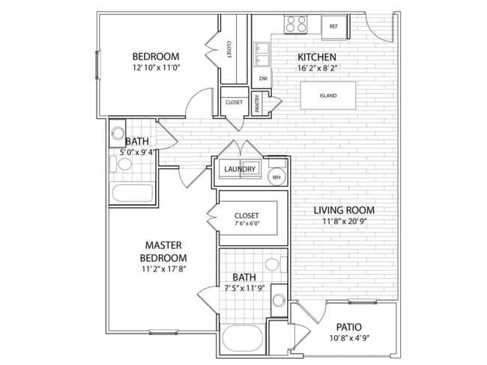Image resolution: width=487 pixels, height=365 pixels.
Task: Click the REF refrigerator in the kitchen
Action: click(x=334, y=27)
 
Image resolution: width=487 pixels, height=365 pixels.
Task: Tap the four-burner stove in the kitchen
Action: click(x=296, y=24)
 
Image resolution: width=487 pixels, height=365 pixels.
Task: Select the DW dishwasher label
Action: click(x=263, y=79)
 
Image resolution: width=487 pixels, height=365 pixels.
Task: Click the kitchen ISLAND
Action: click(x=328, y=96)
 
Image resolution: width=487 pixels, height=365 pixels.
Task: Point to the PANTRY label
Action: click(x=257, y=103)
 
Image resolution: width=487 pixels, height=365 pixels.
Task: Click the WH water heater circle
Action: click(x=276, y=177)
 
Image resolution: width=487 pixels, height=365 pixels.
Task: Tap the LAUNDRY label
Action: click(x=240, y=169)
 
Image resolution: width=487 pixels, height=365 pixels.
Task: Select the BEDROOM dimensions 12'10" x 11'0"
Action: click(x=157, y=67)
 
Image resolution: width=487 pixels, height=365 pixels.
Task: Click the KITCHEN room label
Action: click(x=317, y=57)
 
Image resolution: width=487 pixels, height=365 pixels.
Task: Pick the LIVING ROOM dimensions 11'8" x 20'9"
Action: click(x=345, y=221)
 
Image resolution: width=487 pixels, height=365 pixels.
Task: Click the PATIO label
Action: click(x=349, y=327)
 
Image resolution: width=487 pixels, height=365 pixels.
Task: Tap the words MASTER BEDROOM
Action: click(x=163, y=251)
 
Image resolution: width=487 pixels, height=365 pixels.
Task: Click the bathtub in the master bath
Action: click(x=243, y=338)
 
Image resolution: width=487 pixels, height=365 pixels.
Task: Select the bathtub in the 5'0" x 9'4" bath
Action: click(x=133, y=193)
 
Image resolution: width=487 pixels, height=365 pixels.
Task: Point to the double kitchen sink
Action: click(x=261, y=55)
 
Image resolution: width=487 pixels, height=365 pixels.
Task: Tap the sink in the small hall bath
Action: click(x=118, y=133)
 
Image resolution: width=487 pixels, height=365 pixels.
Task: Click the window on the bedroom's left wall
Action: click(x=97, y=65)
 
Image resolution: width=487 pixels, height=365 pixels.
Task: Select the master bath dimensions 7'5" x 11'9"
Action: click(x=245, y=289)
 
